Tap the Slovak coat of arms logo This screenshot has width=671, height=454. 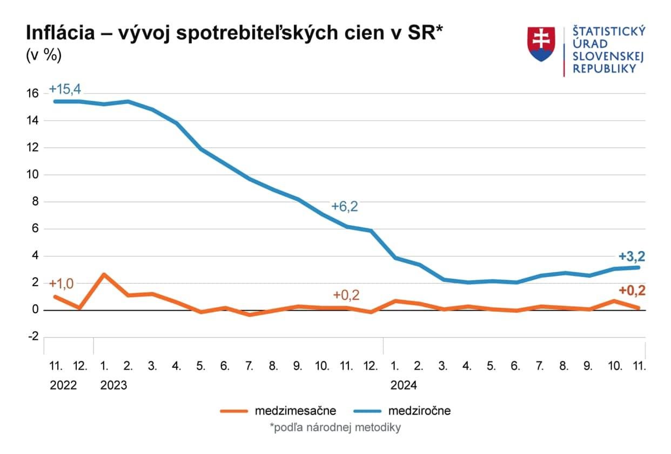tap(541, 44)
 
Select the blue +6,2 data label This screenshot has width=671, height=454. tap(345, 206)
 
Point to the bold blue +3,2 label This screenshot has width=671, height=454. tap(632, 256)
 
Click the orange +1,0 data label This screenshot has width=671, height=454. tap(61, 284)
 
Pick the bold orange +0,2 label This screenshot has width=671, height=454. tap(632, 291)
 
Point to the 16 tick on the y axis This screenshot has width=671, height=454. tap(32, 94)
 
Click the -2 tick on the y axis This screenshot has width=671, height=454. tap(32, 337)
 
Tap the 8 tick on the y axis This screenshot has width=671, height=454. tap(35, 202)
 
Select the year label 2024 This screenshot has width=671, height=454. tap(404, 385)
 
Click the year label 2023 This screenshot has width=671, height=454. tap(114, 385)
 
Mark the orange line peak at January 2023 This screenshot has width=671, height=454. tap(104, 274)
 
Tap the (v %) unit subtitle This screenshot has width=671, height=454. tap(44, 55)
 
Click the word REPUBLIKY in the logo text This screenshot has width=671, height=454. tap(604, 69)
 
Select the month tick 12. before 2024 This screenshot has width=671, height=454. tap(371, 366)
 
